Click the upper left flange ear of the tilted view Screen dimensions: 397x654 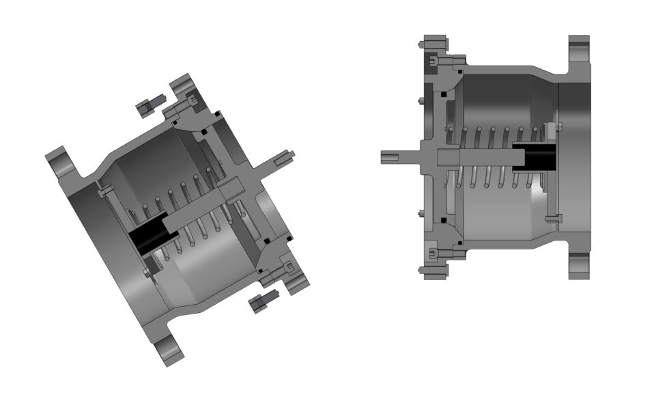click(61, 161)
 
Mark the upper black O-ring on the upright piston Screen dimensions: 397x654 click(443, 93)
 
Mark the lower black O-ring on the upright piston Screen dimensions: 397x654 click(443, 220)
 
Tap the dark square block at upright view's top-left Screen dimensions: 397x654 click(433, 62)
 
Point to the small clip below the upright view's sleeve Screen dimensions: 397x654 click(554, 219)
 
